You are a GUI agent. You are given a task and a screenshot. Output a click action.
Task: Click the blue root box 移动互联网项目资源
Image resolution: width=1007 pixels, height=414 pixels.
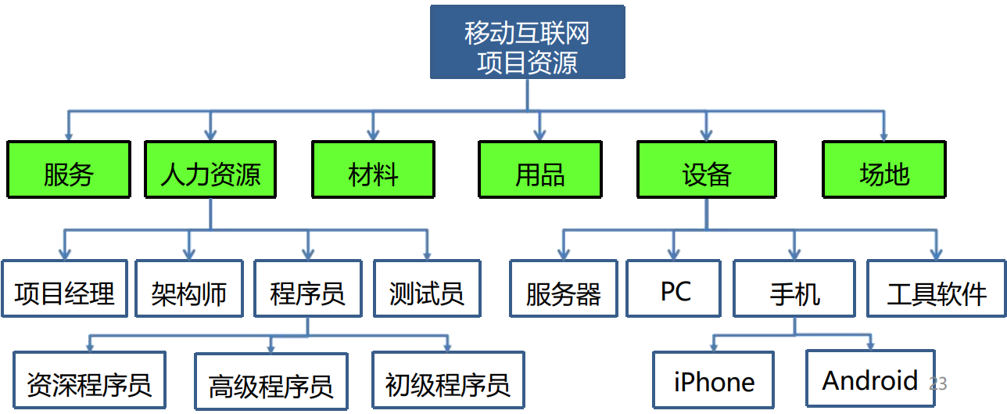527,42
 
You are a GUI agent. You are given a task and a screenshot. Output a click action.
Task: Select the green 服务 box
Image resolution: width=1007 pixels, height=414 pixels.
68,169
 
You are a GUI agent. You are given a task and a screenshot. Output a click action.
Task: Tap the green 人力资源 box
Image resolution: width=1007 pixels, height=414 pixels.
210,169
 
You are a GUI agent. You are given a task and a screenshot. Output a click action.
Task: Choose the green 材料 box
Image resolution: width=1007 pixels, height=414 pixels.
373,169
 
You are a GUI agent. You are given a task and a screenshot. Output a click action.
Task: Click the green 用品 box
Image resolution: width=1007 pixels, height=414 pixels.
540,169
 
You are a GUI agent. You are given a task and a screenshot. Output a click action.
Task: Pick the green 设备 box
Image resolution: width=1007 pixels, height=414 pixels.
707,169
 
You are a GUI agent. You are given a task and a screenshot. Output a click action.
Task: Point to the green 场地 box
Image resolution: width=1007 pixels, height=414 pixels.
884,169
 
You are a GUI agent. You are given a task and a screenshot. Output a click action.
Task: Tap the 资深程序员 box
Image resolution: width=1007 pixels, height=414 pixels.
89,380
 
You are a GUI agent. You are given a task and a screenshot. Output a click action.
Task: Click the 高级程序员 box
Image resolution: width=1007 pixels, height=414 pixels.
271,382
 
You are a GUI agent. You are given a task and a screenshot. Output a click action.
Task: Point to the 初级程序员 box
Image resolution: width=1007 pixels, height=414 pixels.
448,380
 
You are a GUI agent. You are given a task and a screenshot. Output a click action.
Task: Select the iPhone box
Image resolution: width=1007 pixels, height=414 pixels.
714,380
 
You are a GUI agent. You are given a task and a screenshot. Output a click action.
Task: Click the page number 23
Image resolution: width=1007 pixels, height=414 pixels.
937,383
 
